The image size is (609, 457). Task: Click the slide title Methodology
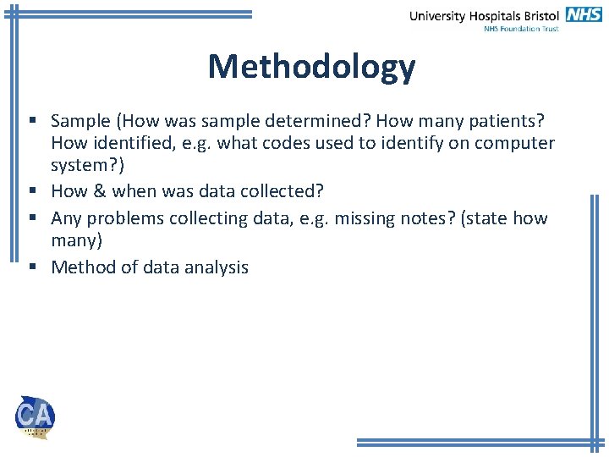coord(311,67)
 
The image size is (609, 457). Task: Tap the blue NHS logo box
coord(584,14)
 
